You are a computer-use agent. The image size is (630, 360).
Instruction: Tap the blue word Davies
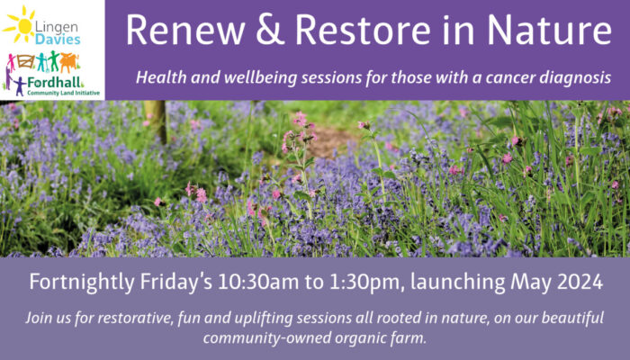[x=58, y=40]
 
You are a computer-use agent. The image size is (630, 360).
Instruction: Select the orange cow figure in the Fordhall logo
[x=69, y=62]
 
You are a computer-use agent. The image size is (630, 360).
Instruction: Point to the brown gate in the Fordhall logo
[x=25, y=61]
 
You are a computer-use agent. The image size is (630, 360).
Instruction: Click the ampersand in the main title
[x=270, y=30]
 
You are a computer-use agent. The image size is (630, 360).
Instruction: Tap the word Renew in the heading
[x=185, y=30]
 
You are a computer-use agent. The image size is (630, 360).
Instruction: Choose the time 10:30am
[x=258, y=282]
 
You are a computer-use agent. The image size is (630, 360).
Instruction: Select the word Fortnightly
[x=82, y=283]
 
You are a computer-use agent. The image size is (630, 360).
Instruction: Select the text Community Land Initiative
[x=64, y=94]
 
